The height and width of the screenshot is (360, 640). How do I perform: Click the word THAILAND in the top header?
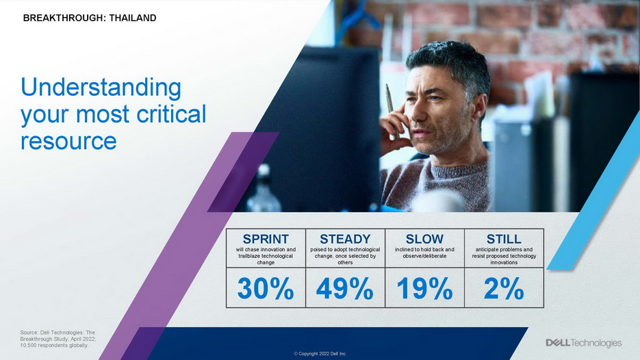[x=133, y=18]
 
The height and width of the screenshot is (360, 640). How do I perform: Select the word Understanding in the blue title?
[x=101, y=88]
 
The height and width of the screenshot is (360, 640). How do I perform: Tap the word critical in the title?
[x=171, y=114]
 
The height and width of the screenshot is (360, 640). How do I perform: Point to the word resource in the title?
[x=68, y=141]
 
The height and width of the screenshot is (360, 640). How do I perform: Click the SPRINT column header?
[x=266, y=239]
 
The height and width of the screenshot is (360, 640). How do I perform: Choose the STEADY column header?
[x=345, y=239]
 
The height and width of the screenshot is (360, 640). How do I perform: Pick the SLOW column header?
[x=424, y=239]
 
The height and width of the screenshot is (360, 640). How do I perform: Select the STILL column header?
[x=504, y=239]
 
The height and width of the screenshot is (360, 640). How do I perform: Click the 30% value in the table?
[x=266, y=289]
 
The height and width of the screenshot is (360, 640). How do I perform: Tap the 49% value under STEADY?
[x=345, y=289]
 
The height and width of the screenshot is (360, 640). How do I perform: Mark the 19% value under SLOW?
[x=424, y=289]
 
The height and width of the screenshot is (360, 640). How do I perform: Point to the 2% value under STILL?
[x=504, y=289]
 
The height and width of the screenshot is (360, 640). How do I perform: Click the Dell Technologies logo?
[x=584, y=343]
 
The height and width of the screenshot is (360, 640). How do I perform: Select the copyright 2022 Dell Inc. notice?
[x=320, y=353]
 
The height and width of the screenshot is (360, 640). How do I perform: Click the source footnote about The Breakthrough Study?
[x=58, y=339]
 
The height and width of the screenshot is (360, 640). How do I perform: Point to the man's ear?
[x=478, y=107]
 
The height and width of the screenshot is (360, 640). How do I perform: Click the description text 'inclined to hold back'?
[x=424, y=249]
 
